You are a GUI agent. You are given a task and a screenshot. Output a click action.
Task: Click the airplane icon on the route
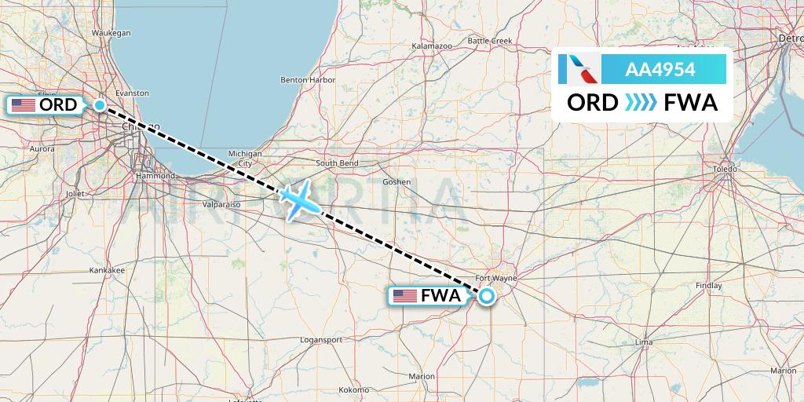(300, 199)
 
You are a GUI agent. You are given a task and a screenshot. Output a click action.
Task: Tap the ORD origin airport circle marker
(100, 105)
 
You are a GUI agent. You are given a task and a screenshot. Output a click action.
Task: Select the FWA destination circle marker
(487, 296)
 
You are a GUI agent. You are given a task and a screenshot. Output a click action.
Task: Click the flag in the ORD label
(23, 105)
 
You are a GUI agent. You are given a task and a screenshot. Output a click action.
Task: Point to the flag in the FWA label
(404, 296)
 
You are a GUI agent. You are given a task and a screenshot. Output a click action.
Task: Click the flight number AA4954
(660, 69)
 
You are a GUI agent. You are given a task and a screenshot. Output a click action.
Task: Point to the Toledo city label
(725, 169)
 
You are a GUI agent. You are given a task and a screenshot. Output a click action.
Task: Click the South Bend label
(337, 163)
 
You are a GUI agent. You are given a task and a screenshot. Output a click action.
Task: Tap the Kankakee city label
(107, 270)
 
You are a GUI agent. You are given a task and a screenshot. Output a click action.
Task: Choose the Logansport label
(321, 339)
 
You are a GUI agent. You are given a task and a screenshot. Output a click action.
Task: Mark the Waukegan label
(111, 33)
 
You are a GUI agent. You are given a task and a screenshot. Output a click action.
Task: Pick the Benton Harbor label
(308, 80)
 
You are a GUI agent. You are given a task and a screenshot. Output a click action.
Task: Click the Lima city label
(643, 343)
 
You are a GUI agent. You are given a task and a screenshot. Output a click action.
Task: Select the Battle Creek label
(489, 41)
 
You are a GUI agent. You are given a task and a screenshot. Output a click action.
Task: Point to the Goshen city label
(397, 181)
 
